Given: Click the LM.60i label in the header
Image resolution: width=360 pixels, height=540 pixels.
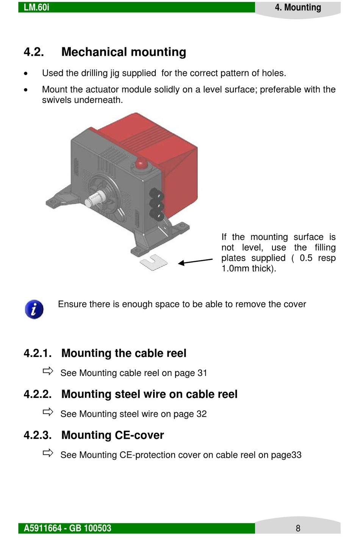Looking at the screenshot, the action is (36, 7).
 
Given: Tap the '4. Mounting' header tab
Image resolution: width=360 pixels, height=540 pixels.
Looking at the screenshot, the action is (298, 8).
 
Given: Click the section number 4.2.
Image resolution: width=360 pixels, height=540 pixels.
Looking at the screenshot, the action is (34, 52).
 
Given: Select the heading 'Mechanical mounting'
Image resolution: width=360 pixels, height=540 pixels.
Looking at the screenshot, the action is (124, 52).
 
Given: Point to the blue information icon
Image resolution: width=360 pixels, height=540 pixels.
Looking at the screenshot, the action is (34, 309).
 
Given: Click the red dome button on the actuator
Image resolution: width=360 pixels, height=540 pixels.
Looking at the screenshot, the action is (141, 164).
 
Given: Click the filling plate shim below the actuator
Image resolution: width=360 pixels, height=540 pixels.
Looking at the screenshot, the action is (153, 262).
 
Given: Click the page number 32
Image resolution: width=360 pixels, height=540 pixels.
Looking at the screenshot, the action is (202, 414).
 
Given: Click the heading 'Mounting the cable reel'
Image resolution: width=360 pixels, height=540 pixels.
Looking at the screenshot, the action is (124, 353).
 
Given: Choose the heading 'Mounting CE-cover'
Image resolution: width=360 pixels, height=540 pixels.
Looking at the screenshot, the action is (113, 435).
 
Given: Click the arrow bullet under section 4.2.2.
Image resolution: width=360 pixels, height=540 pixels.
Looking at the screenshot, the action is (48, 412).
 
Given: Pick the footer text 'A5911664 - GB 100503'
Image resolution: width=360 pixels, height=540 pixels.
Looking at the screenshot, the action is (67, 528).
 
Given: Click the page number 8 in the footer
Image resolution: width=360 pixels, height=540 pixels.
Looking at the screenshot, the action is (298, 528).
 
